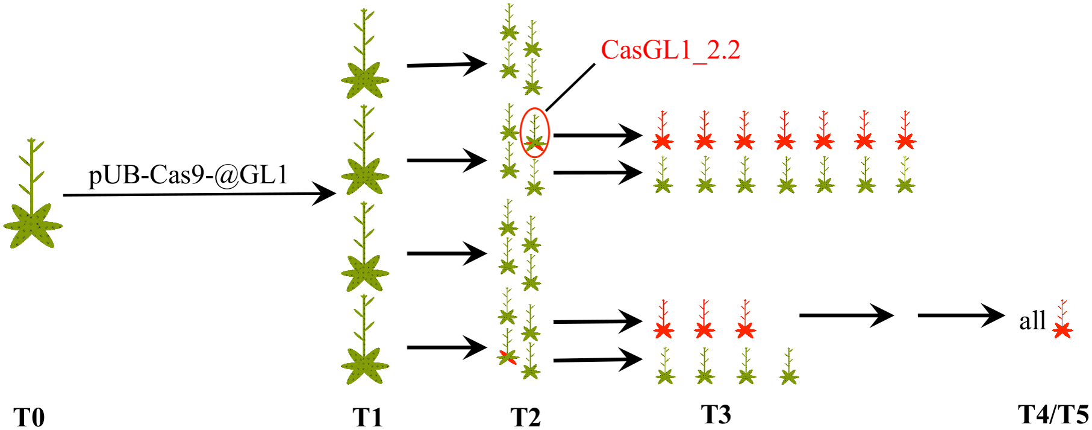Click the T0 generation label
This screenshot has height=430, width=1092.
29,417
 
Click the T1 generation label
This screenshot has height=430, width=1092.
367,417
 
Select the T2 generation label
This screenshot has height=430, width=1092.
525,417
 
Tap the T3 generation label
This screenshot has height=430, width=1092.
716,415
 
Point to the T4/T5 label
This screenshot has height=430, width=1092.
1053,415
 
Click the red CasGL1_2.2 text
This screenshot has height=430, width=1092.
670,50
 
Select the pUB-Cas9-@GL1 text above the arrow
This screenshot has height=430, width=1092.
189,175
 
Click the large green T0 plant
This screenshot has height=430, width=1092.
33,205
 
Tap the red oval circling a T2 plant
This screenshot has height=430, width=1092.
535,133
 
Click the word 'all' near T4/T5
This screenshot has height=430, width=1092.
1032,321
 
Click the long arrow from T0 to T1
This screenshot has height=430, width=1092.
199,194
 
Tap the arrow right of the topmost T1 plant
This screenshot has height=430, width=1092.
446,64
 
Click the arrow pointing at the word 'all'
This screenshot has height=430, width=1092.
960,315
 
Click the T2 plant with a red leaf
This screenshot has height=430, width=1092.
508,350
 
